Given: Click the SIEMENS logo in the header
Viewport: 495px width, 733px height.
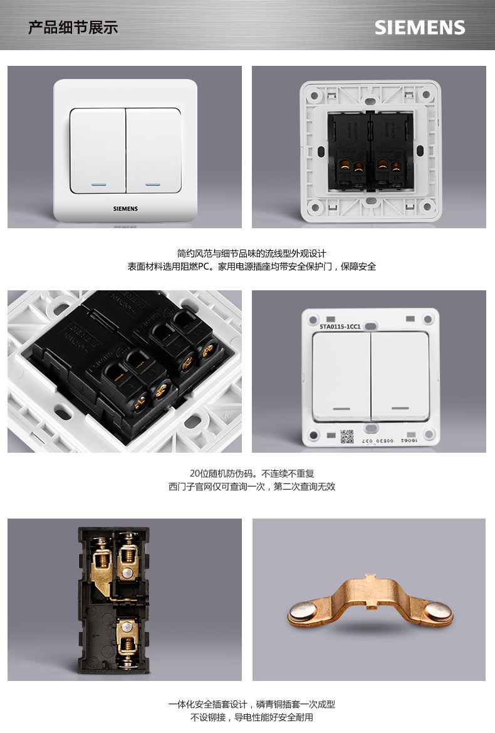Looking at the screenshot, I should click(x=420, y=28).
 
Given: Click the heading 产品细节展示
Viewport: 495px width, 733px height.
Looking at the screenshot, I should click(x=73, y=28).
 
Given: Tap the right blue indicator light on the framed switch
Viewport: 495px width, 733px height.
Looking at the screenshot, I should click(x=153, y=185).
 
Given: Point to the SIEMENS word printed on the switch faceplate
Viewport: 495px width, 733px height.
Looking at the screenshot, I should click(x=125, y=208).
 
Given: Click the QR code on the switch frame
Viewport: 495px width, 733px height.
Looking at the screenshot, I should click(x=347, y=436).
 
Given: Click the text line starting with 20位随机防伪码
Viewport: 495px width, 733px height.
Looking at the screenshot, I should click(x=251, y=473).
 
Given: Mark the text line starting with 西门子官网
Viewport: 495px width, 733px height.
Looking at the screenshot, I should click(x=251, y=487).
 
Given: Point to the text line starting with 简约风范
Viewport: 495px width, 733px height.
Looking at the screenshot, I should click(x=251, y=253).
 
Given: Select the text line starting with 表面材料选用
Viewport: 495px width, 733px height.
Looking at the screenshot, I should click(x=251, y=266).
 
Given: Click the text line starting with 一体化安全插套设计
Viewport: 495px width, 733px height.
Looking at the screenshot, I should click(x=251, y=704).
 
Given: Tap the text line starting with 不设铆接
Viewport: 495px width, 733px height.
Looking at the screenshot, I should click(x=251, y=717).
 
